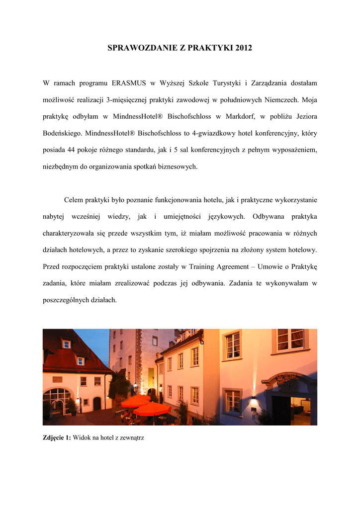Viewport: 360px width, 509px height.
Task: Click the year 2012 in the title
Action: pyautogui.click(x=241, y=48)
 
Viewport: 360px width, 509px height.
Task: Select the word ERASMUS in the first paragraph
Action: pyautogui.click(x=128, y=83)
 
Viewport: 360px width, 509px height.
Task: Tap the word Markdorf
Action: pyautogui.click(x=241, y=116)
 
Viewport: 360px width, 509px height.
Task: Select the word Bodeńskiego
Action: pyautogui.click(x=63, y=133)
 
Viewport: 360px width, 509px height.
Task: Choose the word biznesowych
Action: pyautogui.click(x=176, y=167)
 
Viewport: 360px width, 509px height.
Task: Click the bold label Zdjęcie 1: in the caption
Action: pyautogui.click(x=57, y=438)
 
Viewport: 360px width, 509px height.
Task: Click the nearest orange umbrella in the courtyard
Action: pyautogui.click(x=152, y=409)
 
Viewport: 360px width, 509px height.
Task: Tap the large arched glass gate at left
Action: pyautogui.click(x=57, y=401)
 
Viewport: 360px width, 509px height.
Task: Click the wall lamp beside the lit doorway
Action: pyautogui.click(x=253, y=398)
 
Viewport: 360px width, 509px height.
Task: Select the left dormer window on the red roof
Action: pyautogui.click(x=66, y=344)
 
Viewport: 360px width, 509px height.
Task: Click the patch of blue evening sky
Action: pyautogui.click(x=98, y=343)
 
